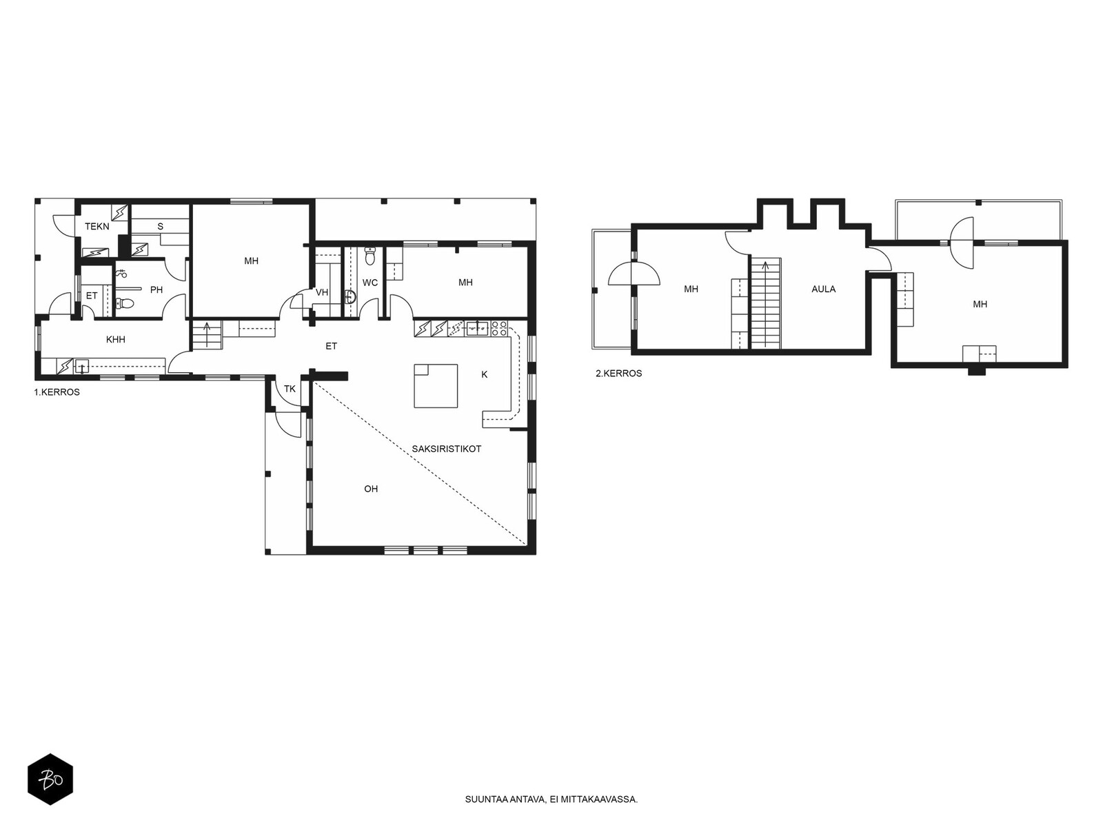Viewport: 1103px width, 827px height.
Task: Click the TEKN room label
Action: [x=97, y=227]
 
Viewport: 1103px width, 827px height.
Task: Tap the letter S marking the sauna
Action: [x=161, y=227]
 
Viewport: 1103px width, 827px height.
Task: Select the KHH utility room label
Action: [x=116, y=340]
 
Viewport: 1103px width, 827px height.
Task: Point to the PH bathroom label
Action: [x=156, y=289]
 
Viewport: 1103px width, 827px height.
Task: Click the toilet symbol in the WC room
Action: [x=370, y=256]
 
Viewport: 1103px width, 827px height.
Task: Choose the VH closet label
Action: [x=322, y=292]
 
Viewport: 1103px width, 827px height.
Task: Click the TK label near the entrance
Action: [x=290, y=389]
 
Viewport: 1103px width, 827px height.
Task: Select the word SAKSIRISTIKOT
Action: [x=446, y=449]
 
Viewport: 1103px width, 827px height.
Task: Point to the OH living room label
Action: [x=371, y=489]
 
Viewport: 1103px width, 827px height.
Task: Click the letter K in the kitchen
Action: [x=485, y=374]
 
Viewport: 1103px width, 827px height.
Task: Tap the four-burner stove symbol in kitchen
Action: [x=499, y=329]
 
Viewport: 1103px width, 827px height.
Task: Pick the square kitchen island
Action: [x=436, y=386]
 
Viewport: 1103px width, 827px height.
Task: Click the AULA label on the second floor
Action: [x=824, y=289]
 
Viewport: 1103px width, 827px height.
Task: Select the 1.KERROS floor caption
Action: [x=57, y=392]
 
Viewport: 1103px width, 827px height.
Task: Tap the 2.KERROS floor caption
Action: [x=618, y=373]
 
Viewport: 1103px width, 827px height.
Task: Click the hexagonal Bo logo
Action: [x=50, y=779]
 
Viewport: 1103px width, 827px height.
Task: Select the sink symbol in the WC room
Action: [x=350, y=297]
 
